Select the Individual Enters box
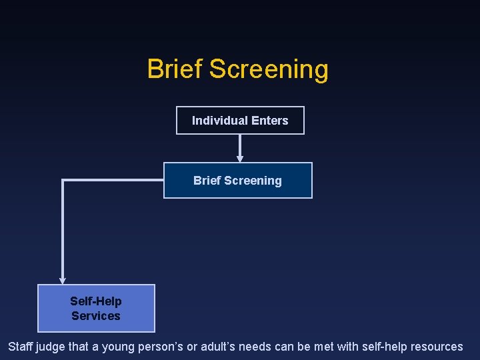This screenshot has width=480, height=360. [240, 121]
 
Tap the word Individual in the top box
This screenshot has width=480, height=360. [219, 121]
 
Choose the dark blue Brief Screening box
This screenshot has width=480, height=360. [237, 181]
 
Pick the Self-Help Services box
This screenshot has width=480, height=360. [96, 308]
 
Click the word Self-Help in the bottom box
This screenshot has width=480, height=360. [96, 301]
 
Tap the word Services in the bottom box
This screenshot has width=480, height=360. [96, 316]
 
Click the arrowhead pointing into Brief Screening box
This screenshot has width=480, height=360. [240, 159]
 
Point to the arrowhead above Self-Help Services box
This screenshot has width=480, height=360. [63, 281]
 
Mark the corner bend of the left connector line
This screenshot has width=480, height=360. [63, 180]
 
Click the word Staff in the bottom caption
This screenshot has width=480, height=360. [20, 347]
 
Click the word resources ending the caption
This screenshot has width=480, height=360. [437, 347]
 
